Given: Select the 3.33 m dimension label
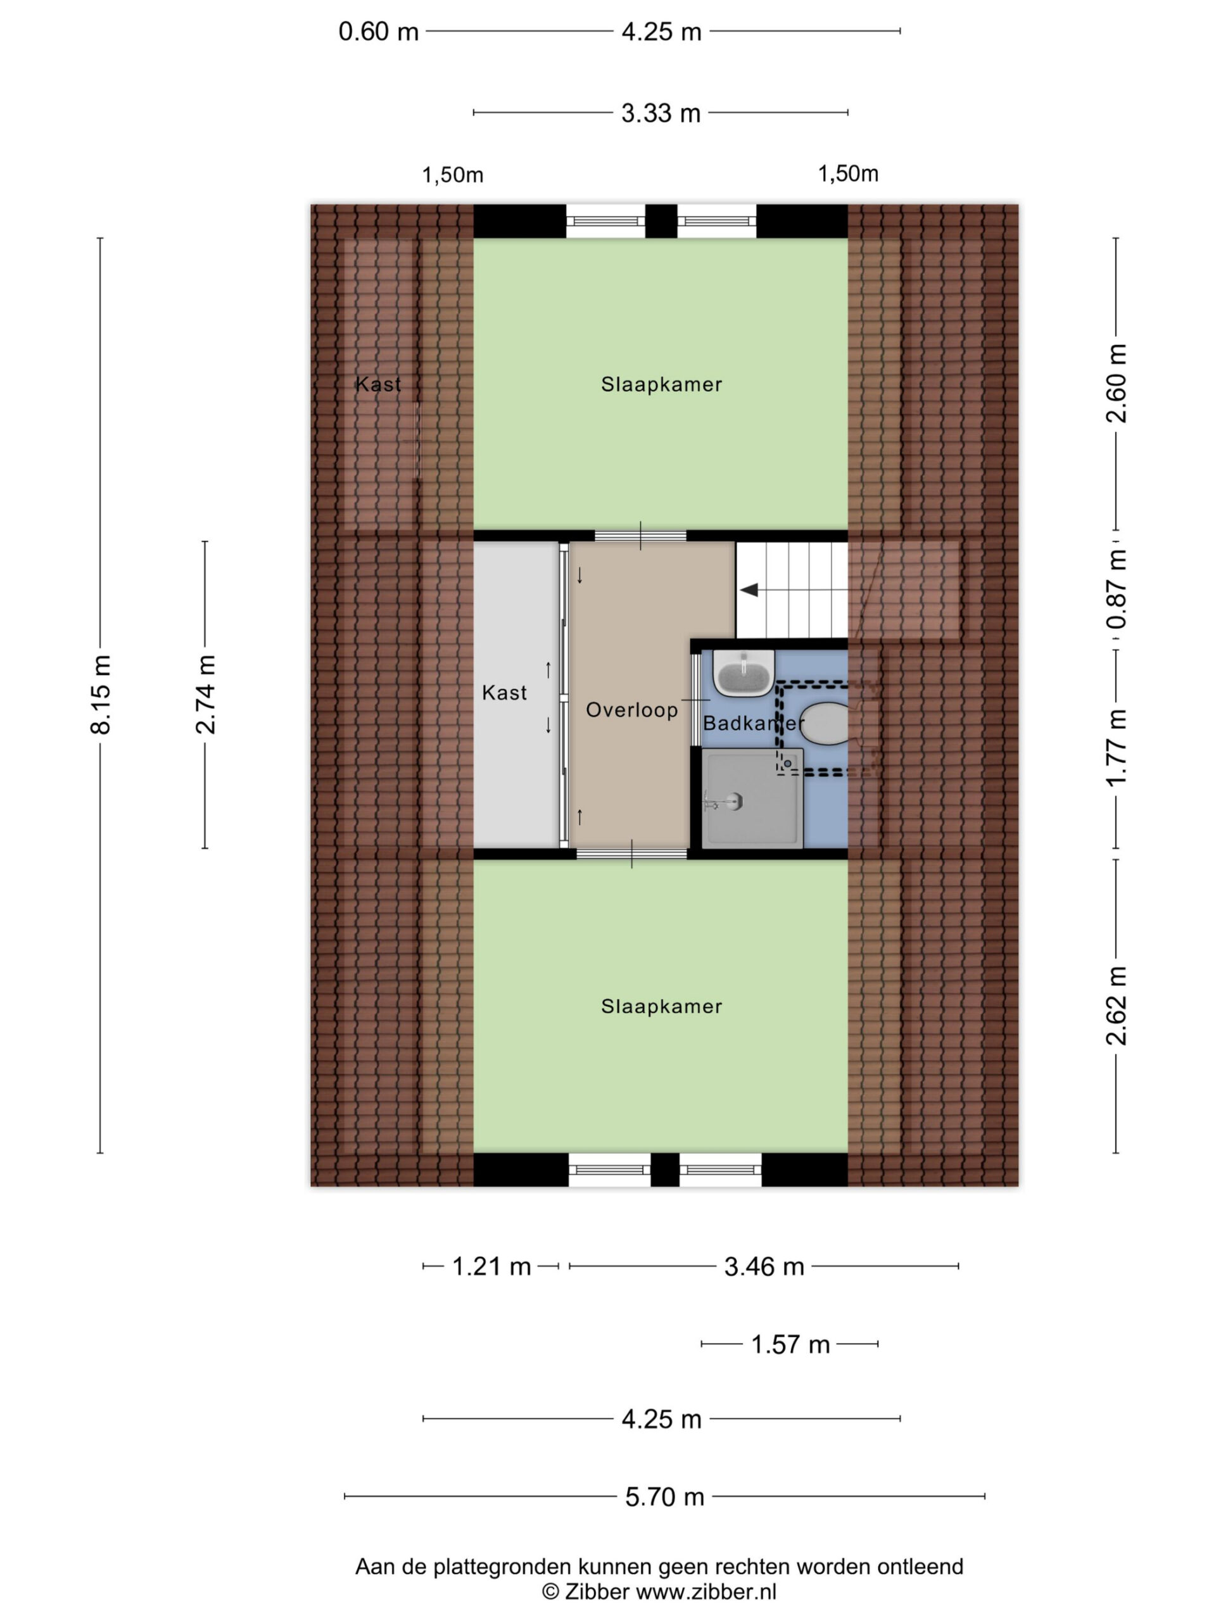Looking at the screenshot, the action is (661, 113).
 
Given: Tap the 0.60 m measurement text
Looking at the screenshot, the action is (378, 32).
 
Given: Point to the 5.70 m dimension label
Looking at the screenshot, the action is (665, 1496).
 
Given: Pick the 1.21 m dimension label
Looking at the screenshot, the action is (491, 1266).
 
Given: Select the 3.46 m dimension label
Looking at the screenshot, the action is (764, 1266).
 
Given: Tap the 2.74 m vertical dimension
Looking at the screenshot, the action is (205, 695).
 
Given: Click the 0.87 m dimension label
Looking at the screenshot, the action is (1117, 590).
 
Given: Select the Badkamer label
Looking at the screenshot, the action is (754, 723).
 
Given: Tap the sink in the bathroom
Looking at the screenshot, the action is (744, 672).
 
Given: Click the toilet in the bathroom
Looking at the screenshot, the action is (824, 723).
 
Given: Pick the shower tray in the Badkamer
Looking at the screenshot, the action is (752, 798).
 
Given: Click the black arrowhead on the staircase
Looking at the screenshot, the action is (749, 590).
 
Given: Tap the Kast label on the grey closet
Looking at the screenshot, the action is (504, 693).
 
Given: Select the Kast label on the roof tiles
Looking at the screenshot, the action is (378, 384).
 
